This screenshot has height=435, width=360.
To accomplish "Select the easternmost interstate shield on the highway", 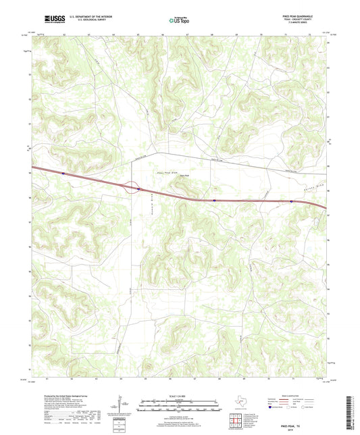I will coord(291,201).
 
